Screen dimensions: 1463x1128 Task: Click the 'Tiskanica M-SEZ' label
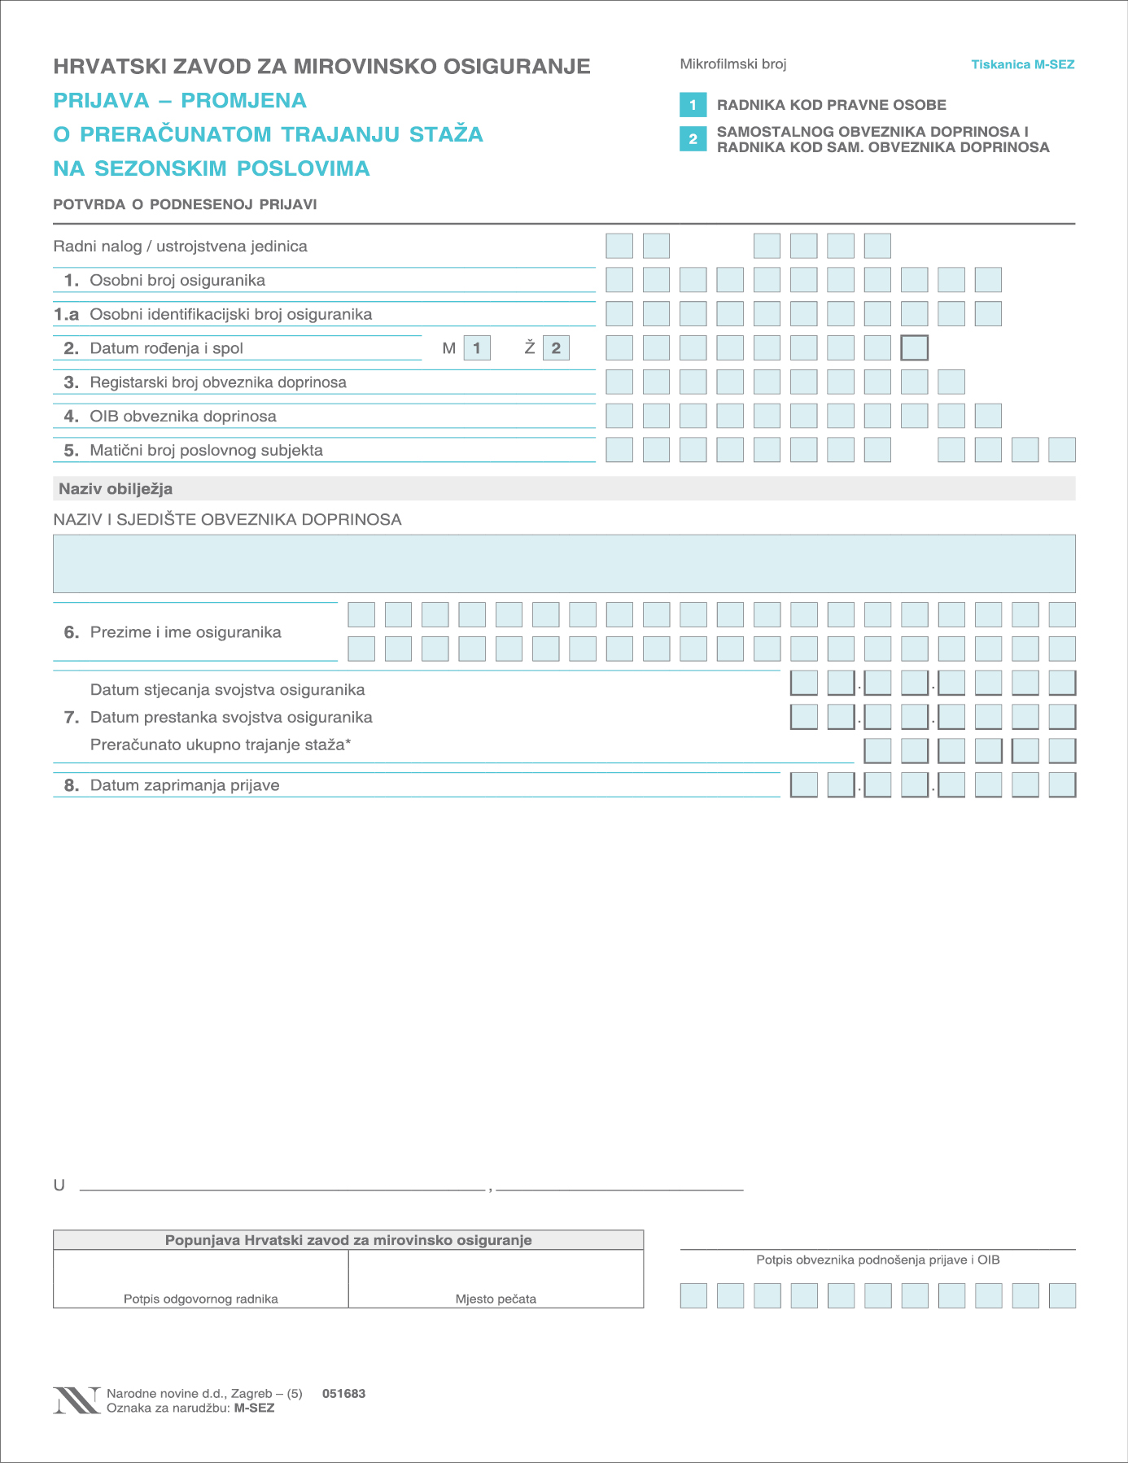click(1022, 64)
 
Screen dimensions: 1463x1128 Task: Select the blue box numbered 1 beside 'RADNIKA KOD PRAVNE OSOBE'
click(693, 105)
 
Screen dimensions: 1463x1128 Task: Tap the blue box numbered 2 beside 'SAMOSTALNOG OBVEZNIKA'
click(693, 138)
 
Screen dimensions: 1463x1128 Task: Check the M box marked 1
click(477, 348)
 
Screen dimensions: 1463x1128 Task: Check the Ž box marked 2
click(556, 348)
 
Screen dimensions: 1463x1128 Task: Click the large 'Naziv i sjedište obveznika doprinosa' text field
click(564, 563)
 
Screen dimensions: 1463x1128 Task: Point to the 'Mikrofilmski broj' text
click(732, 64)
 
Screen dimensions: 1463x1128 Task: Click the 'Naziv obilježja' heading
click(116, 489)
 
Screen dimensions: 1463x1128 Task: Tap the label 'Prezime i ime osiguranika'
click(186, 632)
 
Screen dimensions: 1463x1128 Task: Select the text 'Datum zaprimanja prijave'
click(185, 785)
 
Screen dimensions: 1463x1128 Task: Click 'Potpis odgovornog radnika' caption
click(201, 1299)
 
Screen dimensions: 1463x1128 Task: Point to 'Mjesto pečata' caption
click(496, 1299)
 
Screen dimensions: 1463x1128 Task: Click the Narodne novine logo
click(77, 1400)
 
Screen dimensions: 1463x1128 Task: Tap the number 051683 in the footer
click(343, 1393)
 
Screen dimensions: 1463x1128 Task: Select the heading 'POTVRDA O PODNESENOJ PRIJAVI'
click(185, 204)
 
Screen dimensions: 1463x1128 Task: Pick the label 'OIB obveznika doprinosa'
click(183, 417)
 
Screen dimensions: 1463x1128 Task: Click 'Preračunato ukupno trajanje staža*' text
click(221, 745)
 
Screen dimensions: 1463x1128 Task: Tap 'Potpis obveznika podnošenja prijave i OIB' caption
click(877, 1260)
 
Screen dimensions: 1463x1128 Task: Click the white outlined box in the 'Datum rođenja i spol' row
click(914, 348)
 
